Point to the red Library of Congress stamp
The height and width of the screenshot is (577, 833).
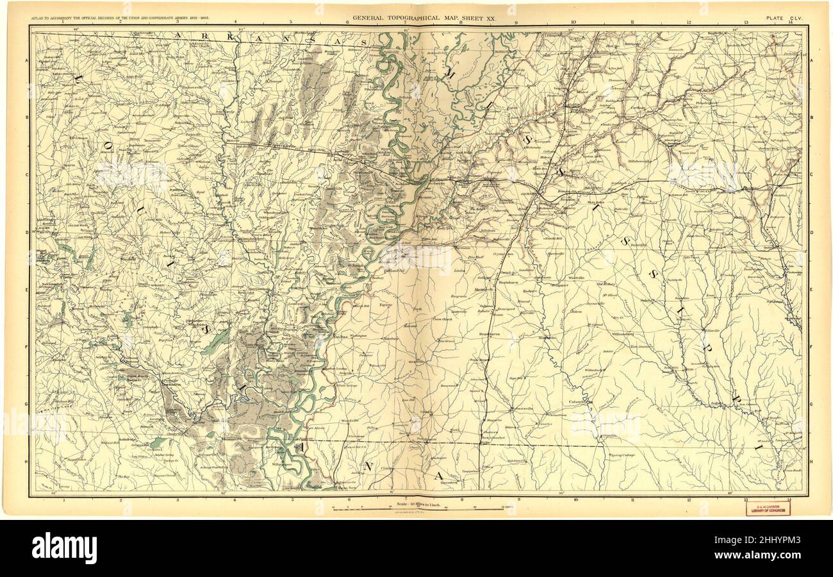coord(766,507)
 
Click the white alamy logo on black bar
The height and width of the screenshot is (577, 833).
coord(64,549)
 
